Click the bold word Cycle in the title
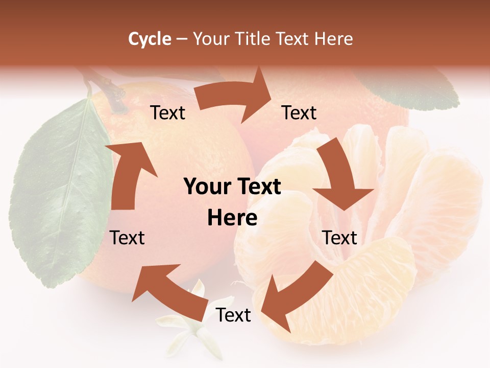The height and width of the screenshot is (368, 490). tap(150, 38)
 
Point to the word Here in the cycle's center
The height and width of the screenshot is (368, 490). tap(232, 218)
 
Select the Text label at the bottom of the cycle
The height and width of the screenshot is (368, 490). tap(233, 315)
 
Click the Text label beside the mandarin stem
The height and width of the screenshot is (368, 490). tap(167, 112)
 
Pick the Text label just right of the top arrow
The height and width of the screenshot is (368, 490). tap(299, 112)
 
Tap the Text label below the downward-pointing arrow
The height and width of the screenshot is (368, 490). tap(339, 238)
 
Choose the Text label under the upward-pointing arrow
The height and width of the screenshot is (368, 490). tap(128, 238)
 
